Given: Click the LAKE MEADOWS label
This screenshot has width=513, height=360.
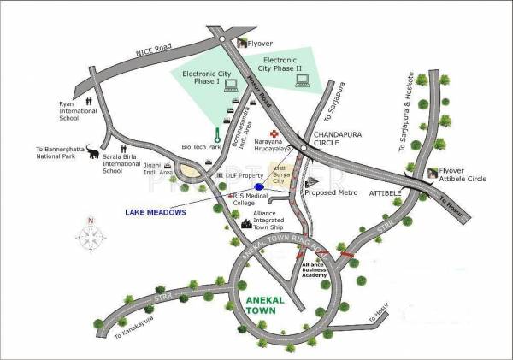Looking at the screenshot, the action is click(155, 212).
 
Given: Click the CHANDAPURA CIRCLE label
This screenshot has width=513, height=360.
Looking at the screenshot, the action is click(339, 139).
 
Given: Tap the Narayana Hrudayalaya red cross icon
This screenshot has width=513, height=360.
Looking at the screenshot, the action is click(274, 133).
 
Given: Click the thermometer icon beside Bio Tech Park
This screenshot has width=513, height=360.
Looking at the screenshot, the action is click(218, 134).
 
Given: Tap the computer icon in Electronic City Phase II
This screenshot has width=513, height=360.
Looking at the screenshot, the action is click(301, 81).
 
